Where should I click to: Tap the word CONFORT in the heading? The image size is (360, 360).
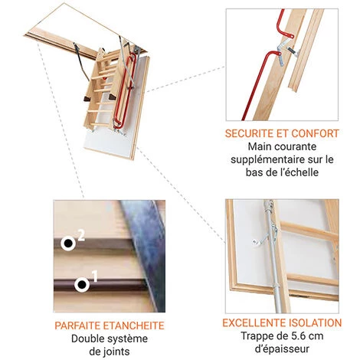point(316,133)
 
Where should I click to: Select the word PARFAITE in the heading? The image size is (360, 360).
point(77,326)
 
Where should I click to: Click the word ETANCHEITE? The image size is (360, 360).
point(133,326)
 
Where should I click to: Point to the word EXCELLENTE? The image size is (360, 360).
point(254,323)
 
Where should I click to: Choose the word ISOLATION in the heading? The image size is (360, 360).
point(315,323)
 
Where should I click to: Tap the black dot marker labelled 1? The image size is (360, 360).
point(82,284)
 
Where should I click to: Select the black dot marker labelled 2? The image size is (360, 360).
point(68,244)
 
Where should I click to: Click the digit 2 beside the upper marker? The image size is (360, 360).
point(81,236)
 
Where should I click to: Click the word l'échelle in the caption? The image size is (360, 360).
point(298,172)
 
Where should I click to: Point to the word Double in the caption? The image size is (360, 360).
point(87,339)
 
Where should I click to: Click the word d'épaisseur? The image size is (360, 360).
point(282,349)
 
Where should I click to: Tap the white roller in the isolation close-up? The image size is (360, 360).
point(255,242)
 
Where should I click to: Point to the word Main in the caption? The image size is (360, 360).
point(260,146)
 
